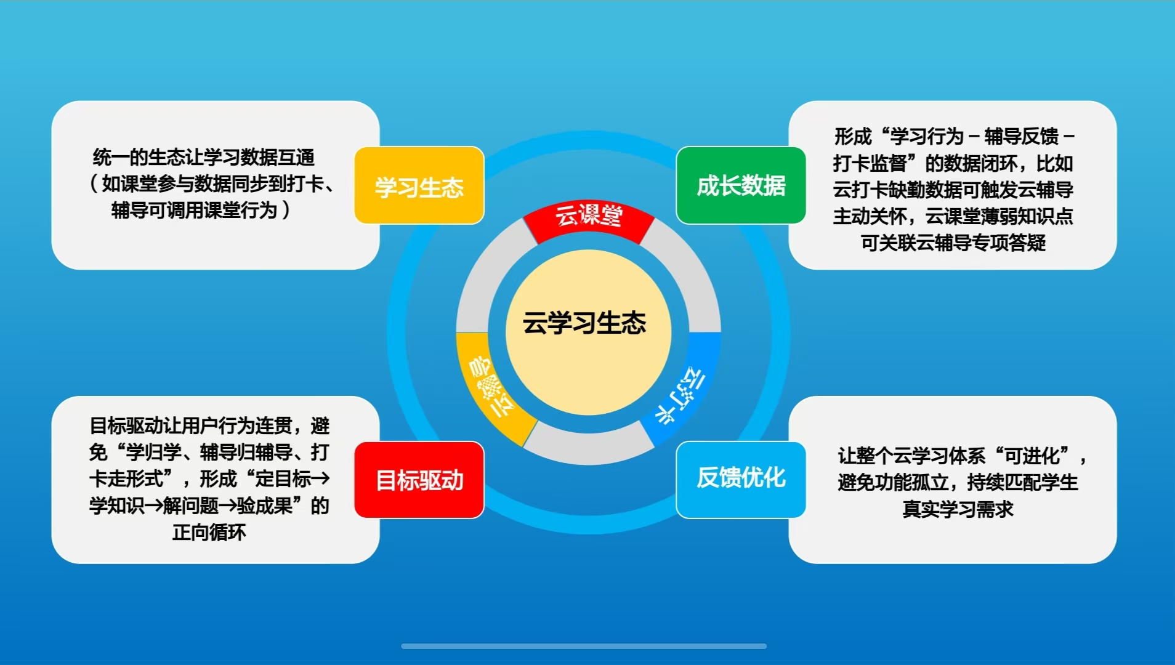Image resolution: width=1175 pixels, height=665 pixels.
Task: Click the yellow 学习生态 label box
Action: pyautogui.click(x=419, y=185)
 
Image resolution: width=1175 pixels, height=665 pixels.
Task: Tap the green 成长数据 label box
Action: pyautogui.click(x=741, y=185)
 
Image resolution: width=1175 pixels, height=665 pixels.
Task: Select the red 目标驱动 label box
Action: pyautogui.click(x=419, y=480)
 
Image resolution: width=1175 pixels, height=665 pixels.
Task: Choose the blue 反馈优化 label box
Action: pyautogui.click(x=741, y=480)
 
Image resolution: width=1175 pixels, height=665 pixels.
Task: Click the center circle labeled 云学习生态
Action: pyautogui.click(x=588, y=332)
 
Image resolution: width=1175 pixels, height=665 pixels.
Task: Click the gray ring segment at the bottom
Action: pyautogui.click(x=588, y=446)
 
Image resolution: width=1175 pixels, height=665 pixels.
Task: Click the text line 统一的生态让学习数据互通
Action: pyautogui.click(x=204, y=157)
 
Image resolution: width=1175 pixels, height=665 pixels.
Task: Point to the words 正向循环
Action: pyautogui.click(x=209, y=532)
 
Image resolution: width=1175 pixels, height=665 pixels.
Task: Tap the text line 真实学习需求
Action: pyautogui.click(x=958, y=509)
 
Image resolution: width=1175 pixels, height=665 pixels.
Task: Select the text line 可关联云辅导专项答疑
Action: pyautogui.click(x=953, y=243)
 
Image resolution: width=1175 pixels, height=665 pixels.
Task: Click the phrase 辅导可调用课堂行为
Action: pyautogui.click(x=194, y=210)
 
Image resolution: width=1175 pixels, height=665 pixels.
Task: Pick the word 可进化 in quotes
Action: pyautogui.click(x=1032, y=456)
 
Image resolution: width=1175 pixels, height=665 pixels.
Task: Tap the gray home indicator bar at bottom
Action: pyautogui.click(x=584, y=646)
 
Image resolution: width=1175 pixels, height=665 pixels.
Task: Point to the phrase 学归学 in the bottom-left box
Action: pyautogui.click(x=153, y=453)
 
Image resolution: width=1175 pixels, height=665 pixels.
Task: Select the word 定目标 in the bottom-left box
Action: pyautogui.click(x=283, y=478)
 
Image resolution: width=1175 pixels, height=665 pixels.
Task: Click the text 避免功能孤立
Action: pyautogui.click(x=893, y=482)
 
